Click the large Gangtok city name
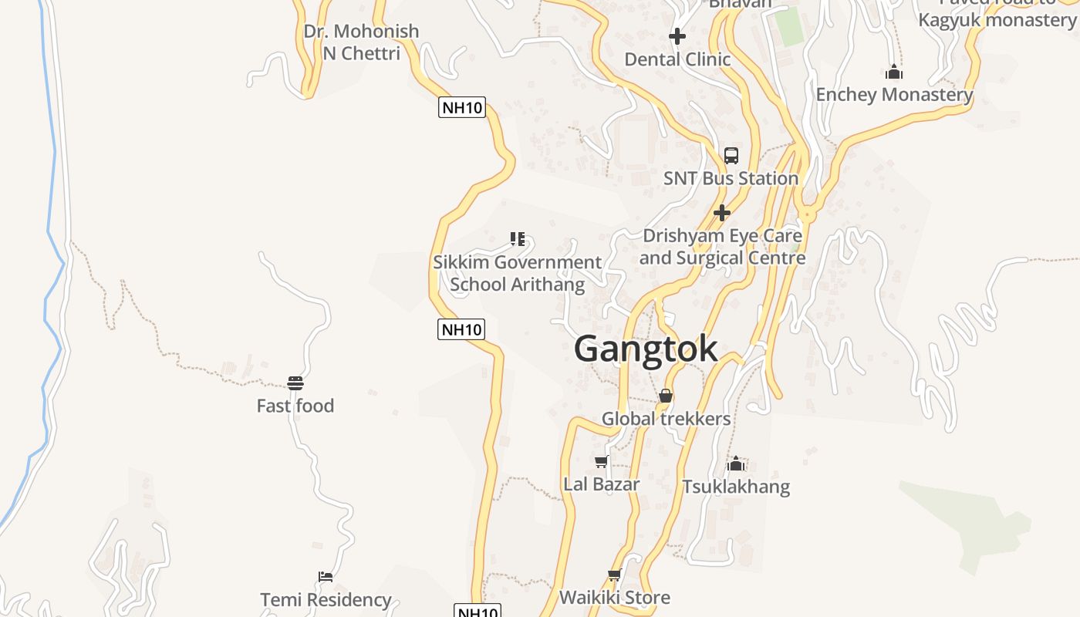click(646, 349)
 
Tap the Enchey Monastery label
click(894, 95)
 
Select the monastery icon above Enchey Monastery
click(894, 72)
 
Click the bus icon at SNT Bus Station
click(731, 155)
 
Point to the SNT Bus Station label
click(731, 178)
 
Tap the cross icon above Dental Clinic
click(677, 36)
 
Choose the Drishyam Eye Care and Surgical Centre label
click(722, 247)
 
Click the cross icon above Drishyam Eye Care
click(722, 212)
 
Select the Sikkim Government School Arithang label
click(517, 273)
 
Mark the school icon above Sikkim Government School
click(517, 239)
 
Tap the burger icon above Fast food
click(295, 383)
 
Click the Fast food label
click(295, 406)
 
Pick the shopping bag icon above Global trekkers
click(666, 396)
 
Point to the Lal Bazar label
click(602, 484)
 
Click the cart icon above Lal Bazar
click(602, 462)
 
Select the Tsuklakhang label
click(736, 487)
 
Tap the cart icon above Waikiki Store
click(614, 575)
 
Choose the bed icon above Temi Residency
click(326, 577)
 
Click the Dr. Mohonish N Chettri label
click(361, 42)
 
